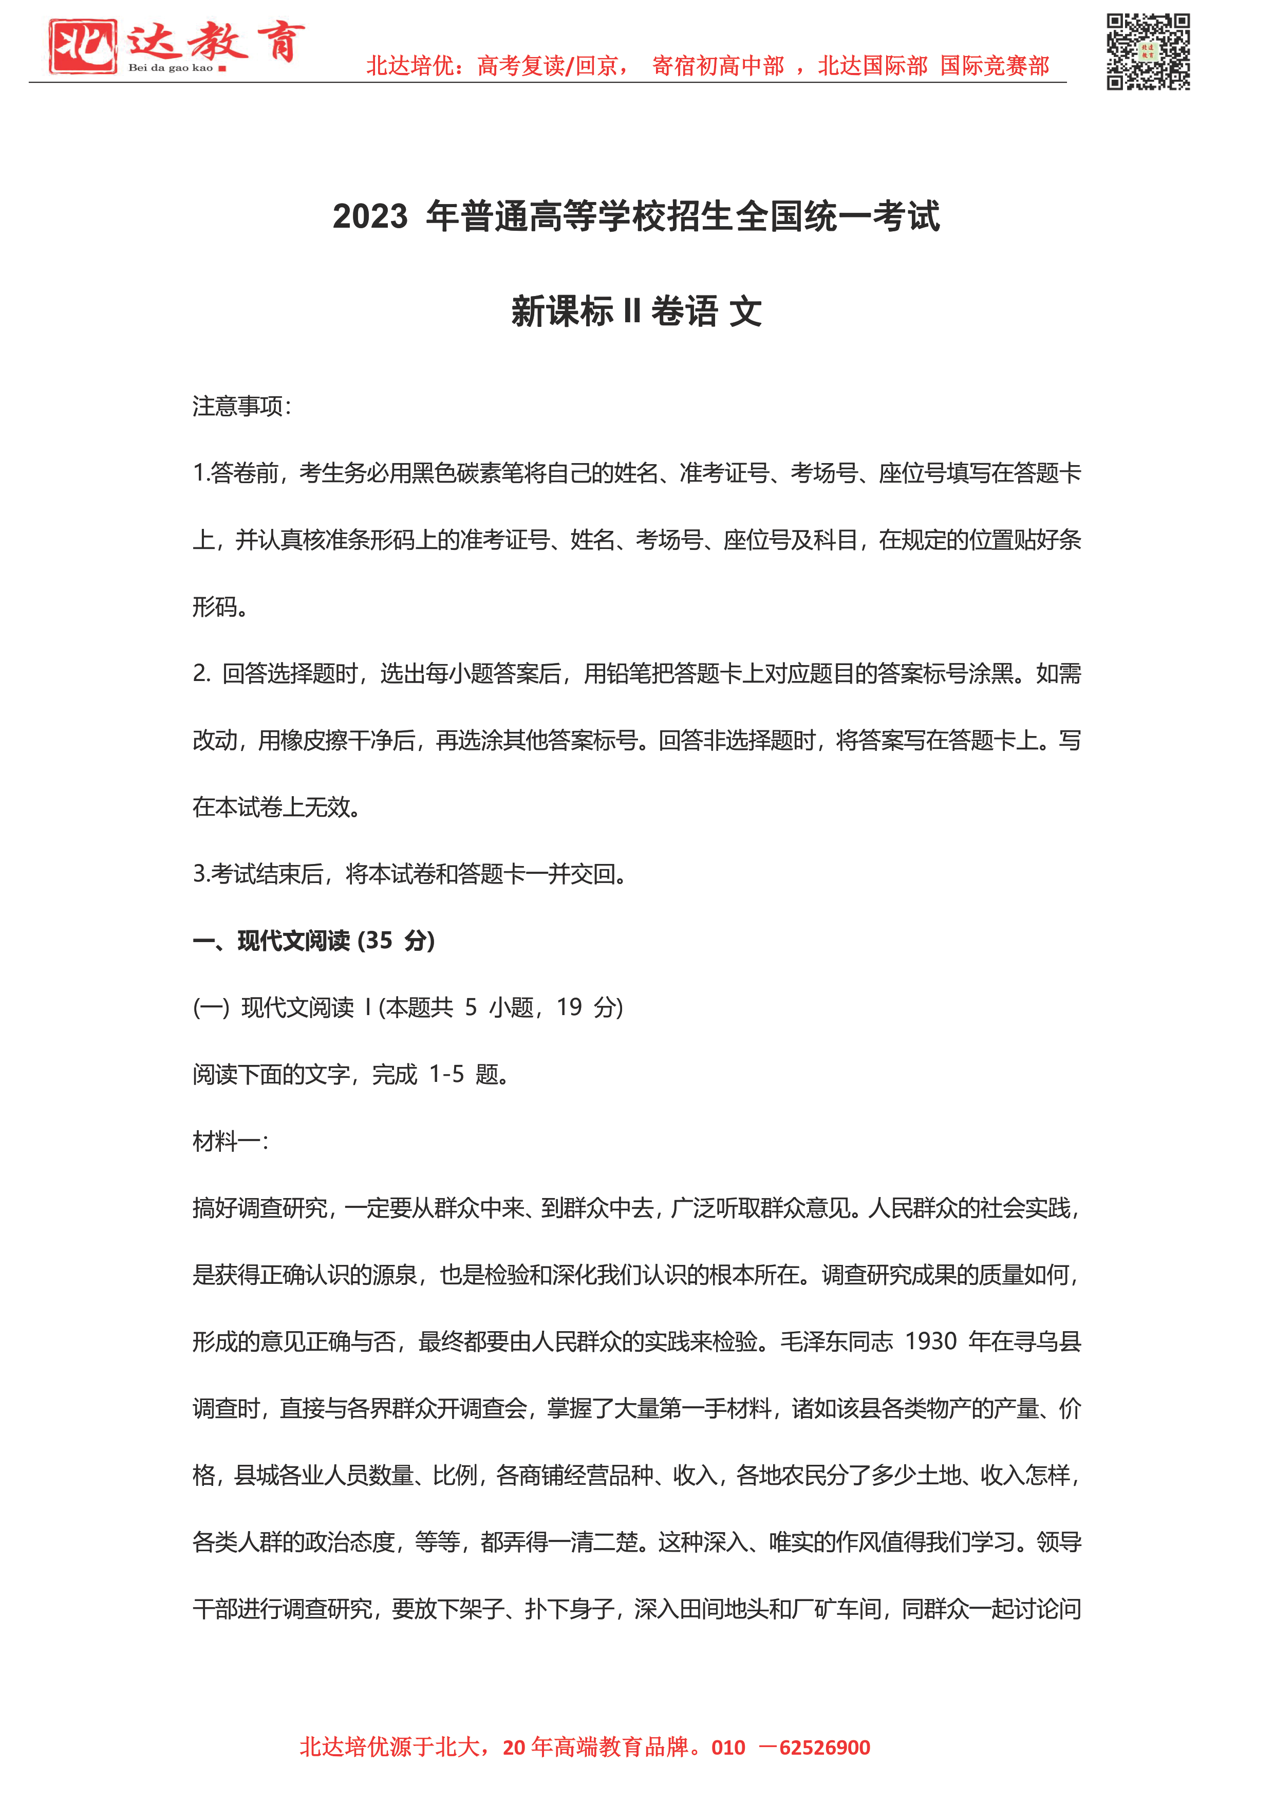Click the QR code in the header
click(x=1148, y=52)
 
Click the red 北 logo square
click(x=82, y=46)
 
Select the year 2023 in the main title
click(x=370, y=217)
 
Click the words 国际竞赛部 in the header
click(x=995, y=66)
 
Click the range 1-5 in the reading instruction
click(x=446, y=1074)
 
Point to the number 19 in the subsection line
click(x=569, y=1007)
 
